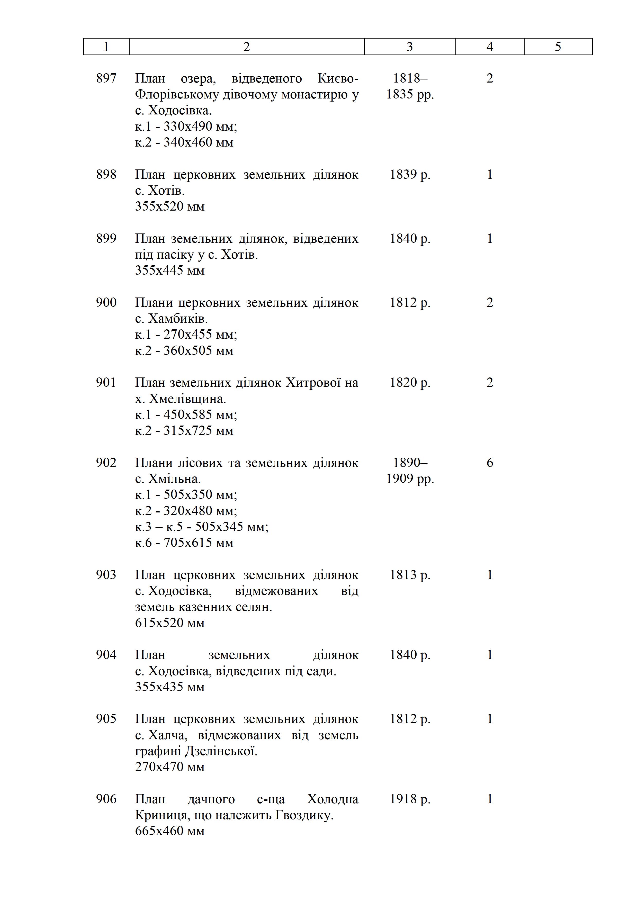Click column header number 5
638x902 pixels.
coord(558,47)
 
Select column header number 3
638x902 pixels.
coord(410,47)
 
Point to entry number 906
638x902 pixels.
coord(106,799)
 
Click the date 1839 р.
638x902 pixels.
coord(410,174)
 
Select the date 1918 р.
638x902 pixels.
coord(410,799)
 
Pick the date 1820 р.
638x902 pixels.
coord(410,382)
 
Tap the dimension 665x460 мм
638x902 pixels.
coord(170,831)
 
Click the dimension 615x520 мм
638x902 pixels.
coord(170,623)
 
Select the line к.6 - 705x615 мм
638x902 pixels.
coord(184,543)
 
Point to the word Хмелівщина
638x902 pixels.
coord(187,399)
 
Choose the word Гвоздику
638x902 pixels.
coord(304,815)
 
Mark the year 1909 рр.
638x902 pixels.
coord(410,479)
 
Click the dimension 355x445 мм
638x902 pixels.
coord(170,270)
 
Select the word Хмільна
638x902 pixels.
coord(174,479)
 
